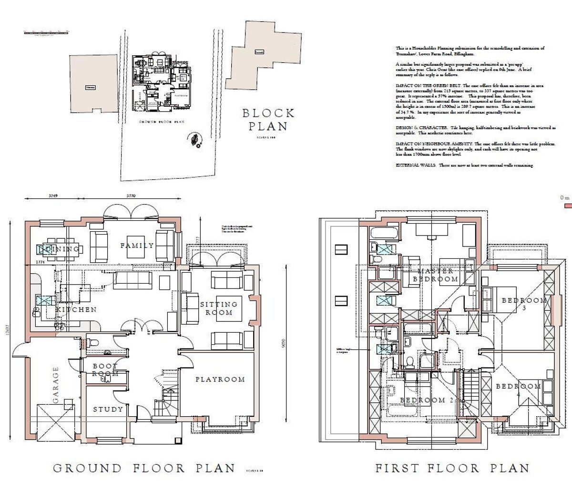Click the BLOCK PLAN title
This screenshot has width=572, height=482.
pos(268,120)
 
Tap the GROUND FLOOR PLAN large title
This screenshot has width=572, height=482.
pos(144,468)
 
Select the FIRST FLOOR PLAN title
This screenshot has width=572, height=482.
pos(452,468)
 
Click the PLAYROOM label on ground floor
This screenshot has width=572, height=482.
pos(220,379)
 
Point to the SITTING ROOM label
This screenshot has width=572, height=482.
pos(219,308)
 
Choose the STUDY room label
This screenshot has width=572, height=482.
pos(108,409)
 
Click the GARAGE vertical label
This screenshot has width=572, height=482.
pos(56,385)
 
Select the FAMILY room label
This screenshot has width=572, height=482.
pos(137,246)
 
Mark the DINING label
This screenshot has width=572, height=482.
pos(59,249)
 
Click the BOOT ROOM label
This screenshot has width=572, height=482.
pos(105,370)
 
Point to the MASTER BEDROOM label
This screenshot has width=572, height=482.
pos(435,275)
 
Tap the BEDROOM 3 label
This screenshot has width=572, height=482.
pos(523,304)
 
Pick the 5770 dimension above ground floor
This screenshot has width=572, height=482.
pos(131,196)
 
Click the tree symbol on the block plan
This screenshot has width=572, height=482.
pos(195,140)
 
